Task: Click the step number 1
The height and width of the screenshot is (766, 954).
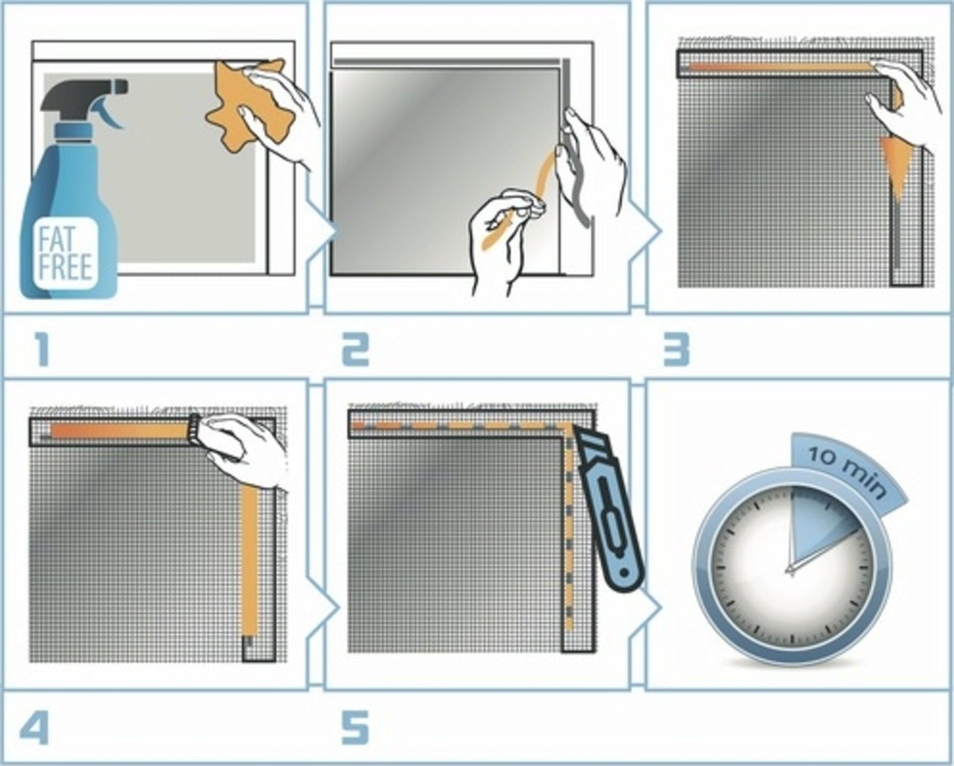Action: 42,350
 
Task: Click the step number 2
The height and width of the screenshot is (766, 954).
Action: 355,350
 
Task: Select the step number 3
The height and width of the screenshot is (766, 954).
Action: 677,350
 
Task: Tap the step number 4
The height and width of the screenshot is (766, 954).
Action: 34,727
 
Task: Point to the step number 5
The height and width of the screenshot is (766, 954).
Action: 355,727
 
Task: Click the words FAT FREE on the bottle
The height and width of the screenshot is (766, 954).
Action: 65,254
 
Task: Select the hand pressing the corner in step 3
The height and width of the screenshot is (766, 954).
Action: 902,99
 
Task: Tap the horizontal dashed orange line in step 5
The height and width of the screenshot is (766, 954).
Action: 461,426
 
